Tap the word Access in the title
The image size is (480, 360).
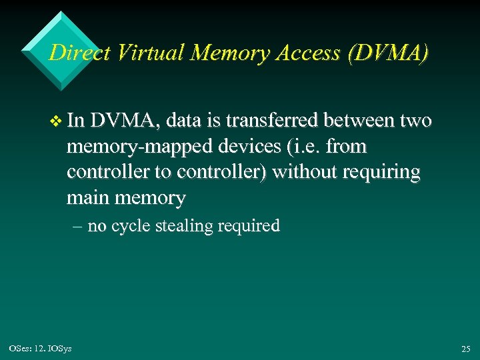(x=307, y=53)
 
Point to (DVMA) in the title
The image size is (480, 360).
(x=388, y=53)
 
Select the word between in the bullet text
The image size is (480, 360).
(x=363, y=121)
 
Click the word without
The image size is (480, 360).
(x=305, y=171)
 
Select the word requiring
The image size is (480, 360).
(x=381, y=173)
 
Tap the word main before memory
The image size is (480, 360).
(x=89, y=197)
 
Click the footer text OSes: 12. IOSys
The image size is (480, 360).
(x=41, y=348)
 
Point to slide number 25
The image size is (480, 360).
(x=465, y=349)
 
